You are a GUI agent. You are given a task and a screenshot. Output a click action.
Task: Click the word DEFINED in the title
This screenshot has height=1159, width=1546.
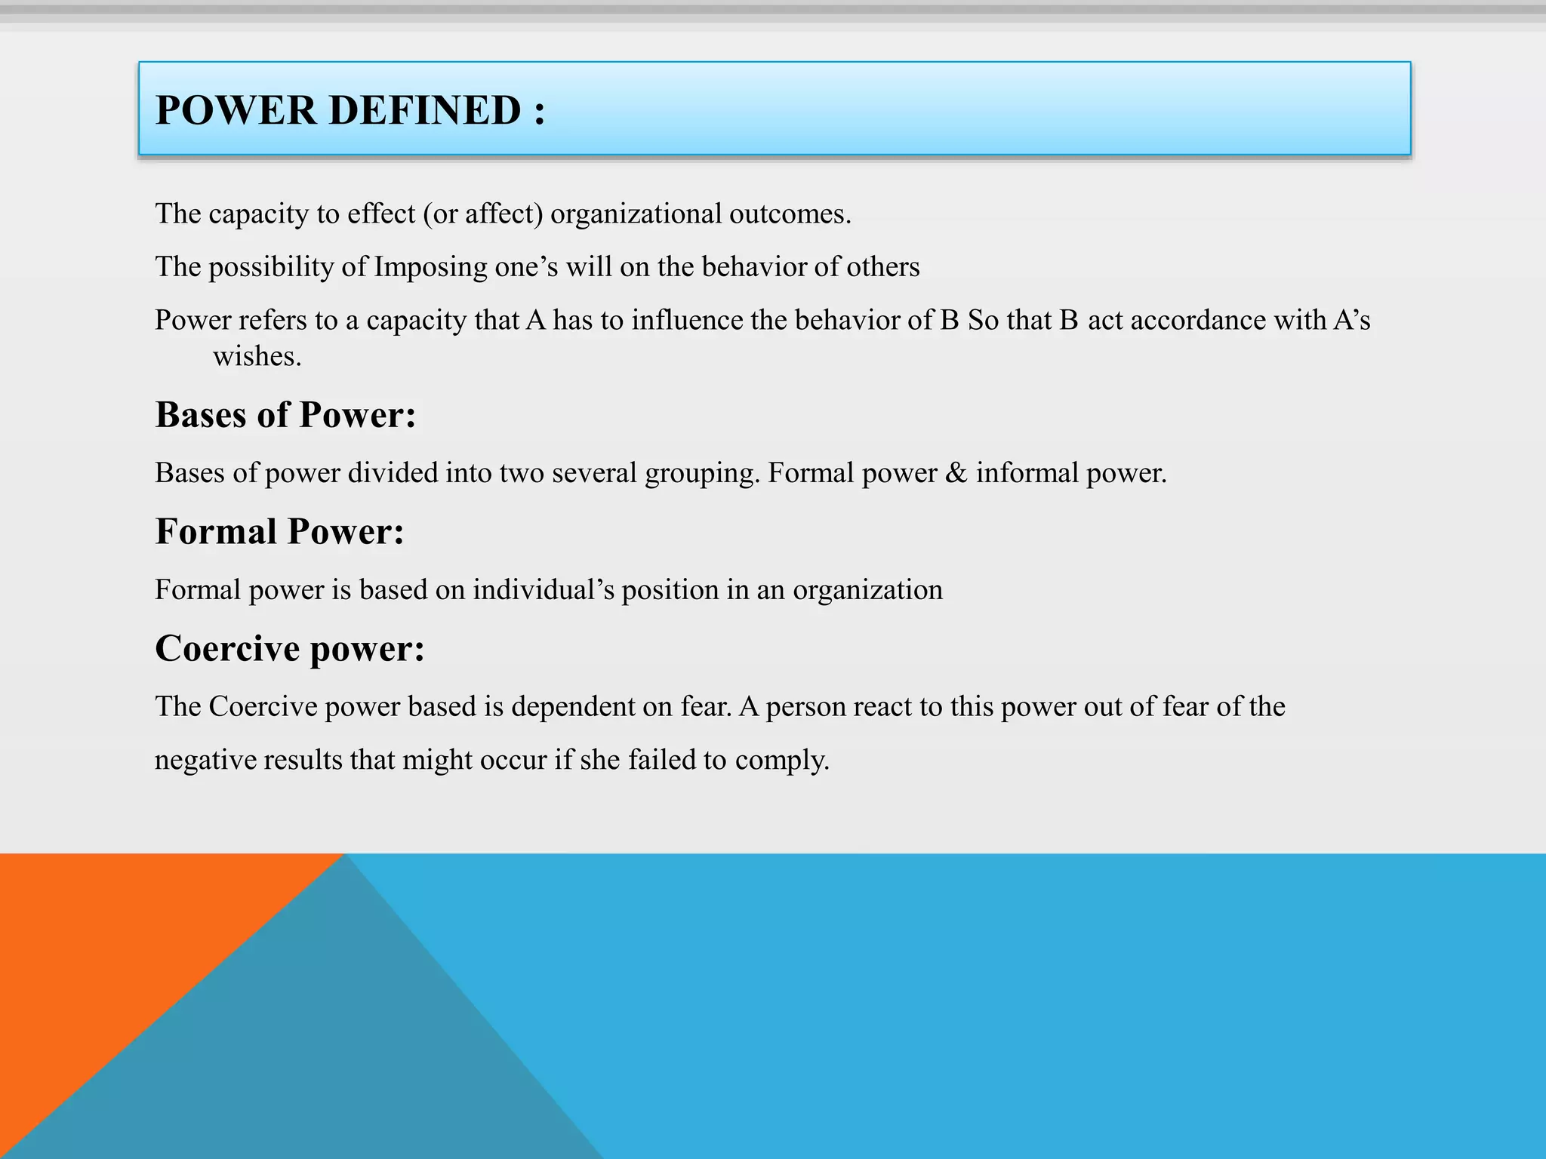[424, 110]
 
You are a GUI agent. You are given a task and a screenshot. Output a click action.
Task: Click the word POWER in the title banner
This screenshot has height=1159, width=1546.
[236, 110]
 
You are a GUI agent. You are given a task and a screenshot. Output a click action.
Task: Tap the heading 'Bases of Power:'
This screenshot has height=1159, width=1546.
[285, 415]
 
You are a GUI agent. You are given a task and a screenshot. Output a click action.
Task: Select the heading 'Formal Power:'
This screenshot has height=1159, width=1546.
[279, 531]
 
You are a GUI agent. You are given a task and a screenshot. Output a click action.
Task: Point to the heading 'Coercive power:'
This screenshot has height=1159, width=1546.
[290, 648]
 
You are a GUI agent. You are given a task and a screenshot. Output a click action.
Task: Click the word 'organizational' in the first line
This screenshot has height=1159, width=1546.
[636, 214]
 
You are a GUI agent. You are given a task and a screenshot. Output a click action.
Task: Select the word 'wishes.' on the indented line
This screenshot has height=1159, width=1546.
[257, 356]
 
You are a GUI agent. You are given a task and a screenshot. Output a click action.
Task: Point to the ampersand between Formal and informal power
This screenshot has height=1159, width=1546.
[956, 473]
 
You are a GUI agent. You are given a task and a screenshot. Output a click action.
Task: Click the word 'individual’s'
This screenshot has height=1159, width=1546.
[544, 589]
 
